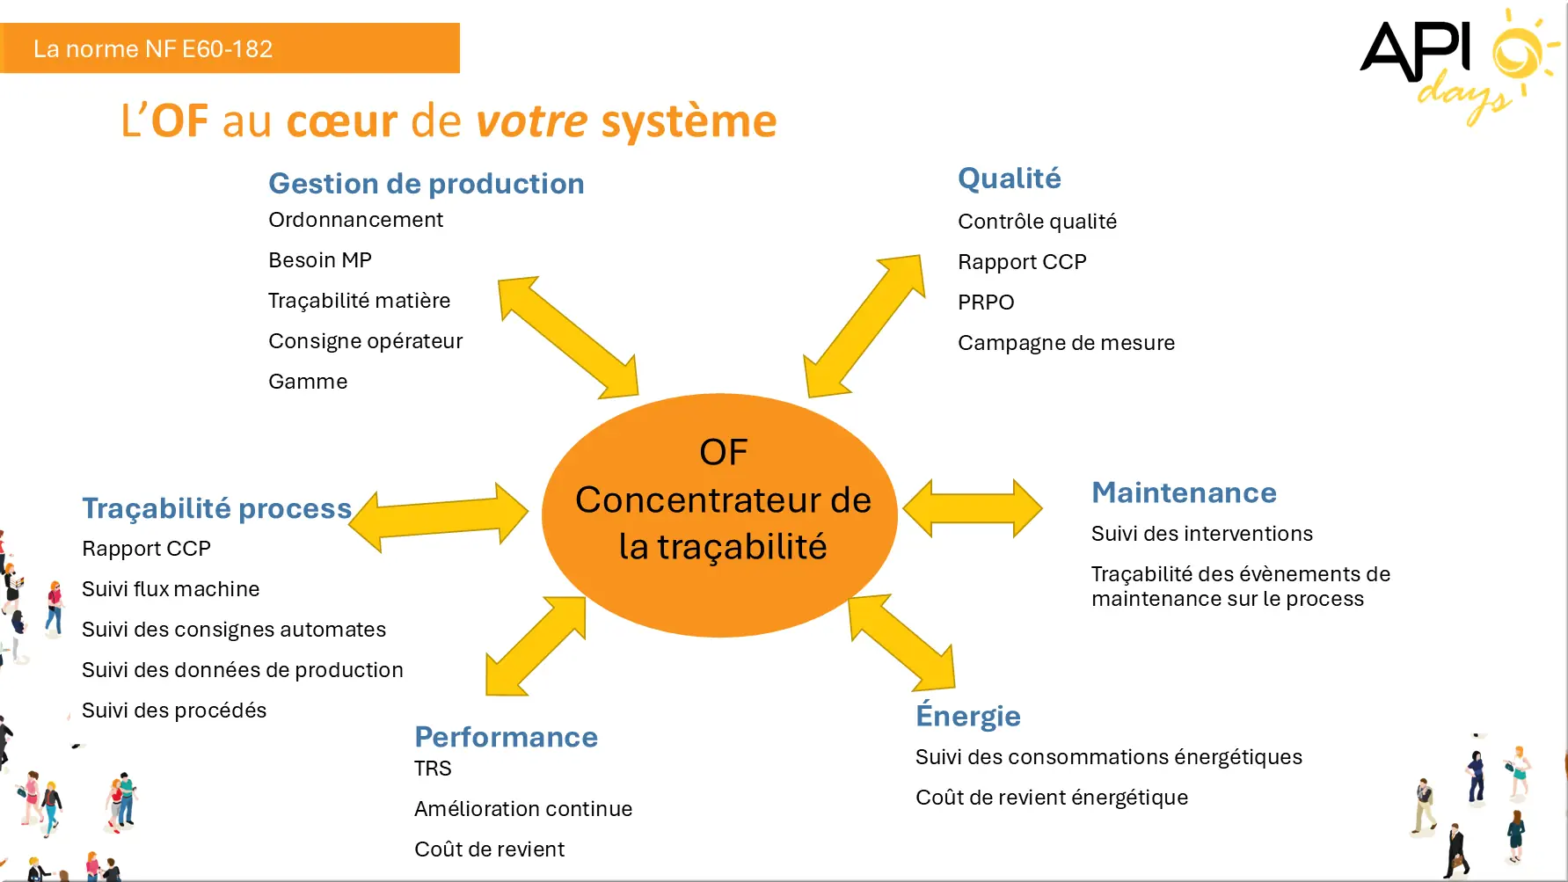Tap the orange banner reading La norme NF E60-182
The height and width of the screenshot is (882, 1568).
click(x=230, y=48)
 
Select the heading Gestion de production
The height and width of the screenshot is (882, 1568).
click(x=427, y=183)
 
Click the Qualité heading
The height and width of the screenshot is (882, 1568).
click(x=1010, y=179)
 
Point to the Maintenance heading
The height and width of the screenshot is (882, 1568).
click(x=1184, y=492)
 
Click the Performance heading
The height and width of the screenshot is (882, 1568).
click(x=506, y=737)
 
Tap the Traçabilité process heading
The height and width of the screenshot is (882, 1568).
click(x=216, y=508)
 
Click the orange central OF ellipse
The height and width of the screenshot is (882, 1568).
click(x=720, y=515)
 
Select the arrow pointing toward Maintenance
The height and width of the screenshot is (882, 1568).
click(x=973, y=508)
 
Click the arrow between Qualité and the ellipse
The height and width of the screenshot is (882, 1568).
click(x=864, y=326)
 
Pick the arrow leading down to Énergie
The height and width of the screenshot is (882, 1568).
click(x=902, y=643)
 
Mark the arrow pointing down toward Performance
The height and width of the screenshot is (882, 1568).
click(x=536, y=646)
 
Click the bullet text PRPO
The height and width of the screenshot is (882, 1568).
click(x=986, y=303)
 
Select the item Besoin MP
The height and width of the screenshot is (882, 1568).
click(x=320, y=260)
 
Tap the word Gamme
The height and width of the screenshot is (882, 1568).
click(x=308, y=382)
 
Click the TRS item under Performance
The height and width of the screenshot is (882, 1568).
click(x=433, y=769)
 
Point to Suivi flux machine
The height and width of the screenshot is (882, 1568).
click(x=171, y=589)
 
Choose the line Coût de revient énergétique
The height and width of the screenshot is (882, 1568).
click(x=1052, y=798)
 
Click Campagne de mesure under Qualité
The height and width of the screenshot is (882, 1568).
click(x=1066, y=343)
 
